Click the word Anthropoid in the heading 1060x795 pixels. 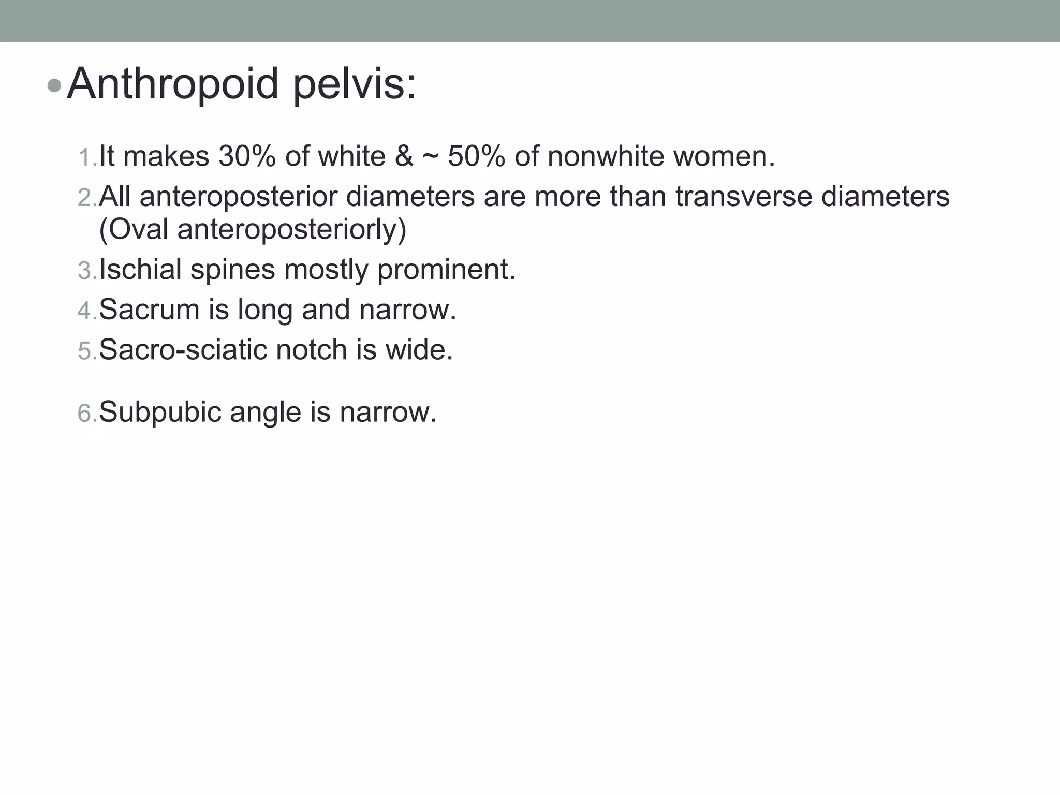coord(173,84)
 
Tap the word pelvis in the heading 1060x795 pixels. coord(354,84)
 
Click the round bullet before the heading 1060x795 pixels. coord(53,86)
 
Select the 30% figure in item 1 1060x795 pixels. coord(247,156)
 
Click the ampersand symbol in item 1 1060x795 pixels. coord(404,156)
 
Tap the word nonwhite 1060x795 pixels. coord(605,156)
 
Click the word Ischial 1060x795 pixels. coord(140,269)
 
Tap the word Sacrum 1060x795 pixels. coord(149,310)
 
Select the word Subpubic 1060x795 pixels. coord(160,413)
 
